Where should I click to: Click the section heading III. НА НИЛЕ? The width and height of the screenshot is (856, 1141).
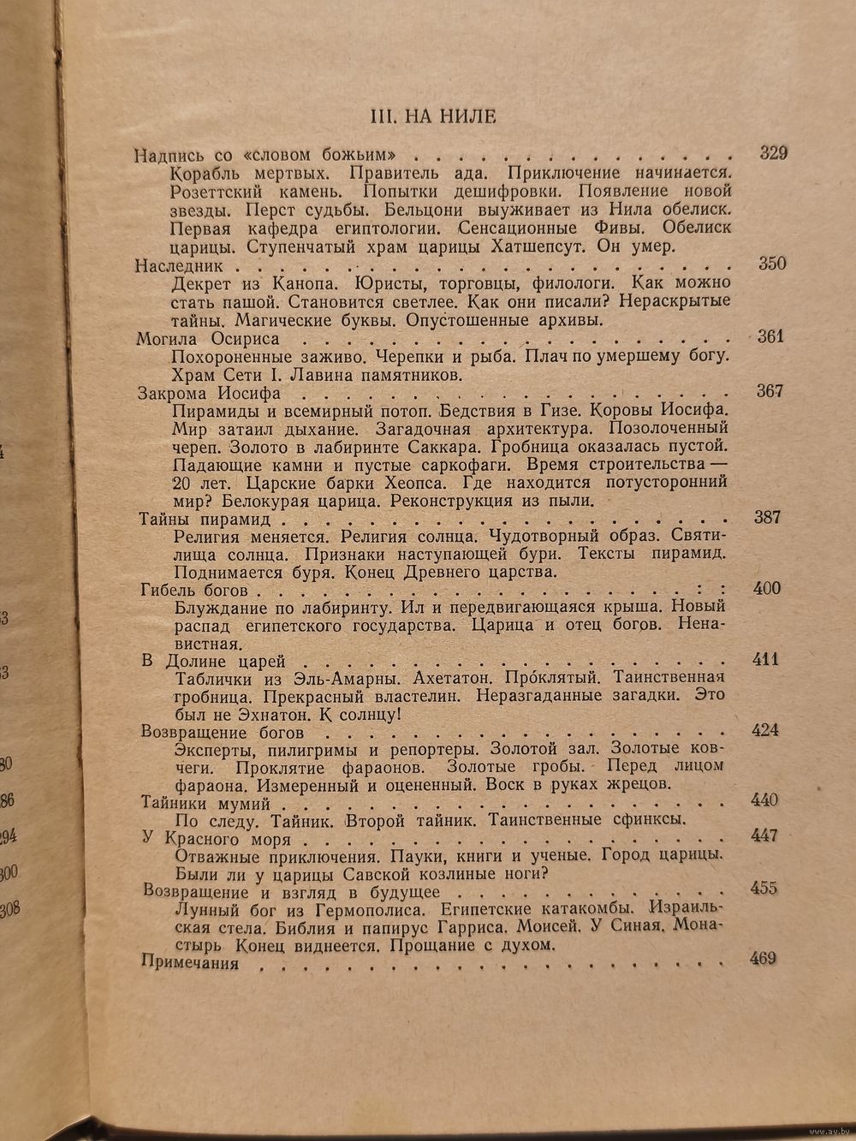431,116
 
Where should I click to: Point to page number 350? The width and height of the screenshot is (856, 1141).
771,263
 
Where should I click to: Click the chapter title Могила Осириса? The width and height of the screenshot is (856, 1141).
201,338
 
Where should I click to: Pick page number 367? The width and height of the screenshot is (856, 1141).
770,391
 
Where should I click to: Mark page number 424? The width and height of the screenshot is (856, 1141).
764,730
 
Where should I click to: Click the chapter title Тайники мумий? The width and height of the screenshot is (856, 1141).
205,803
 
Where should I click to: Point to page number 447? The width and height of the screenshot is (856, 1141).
764,835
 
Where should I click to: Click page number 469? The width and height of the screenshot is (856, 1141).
762,958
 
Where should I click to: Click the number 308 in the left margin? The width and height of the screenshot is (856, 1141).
10,909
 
